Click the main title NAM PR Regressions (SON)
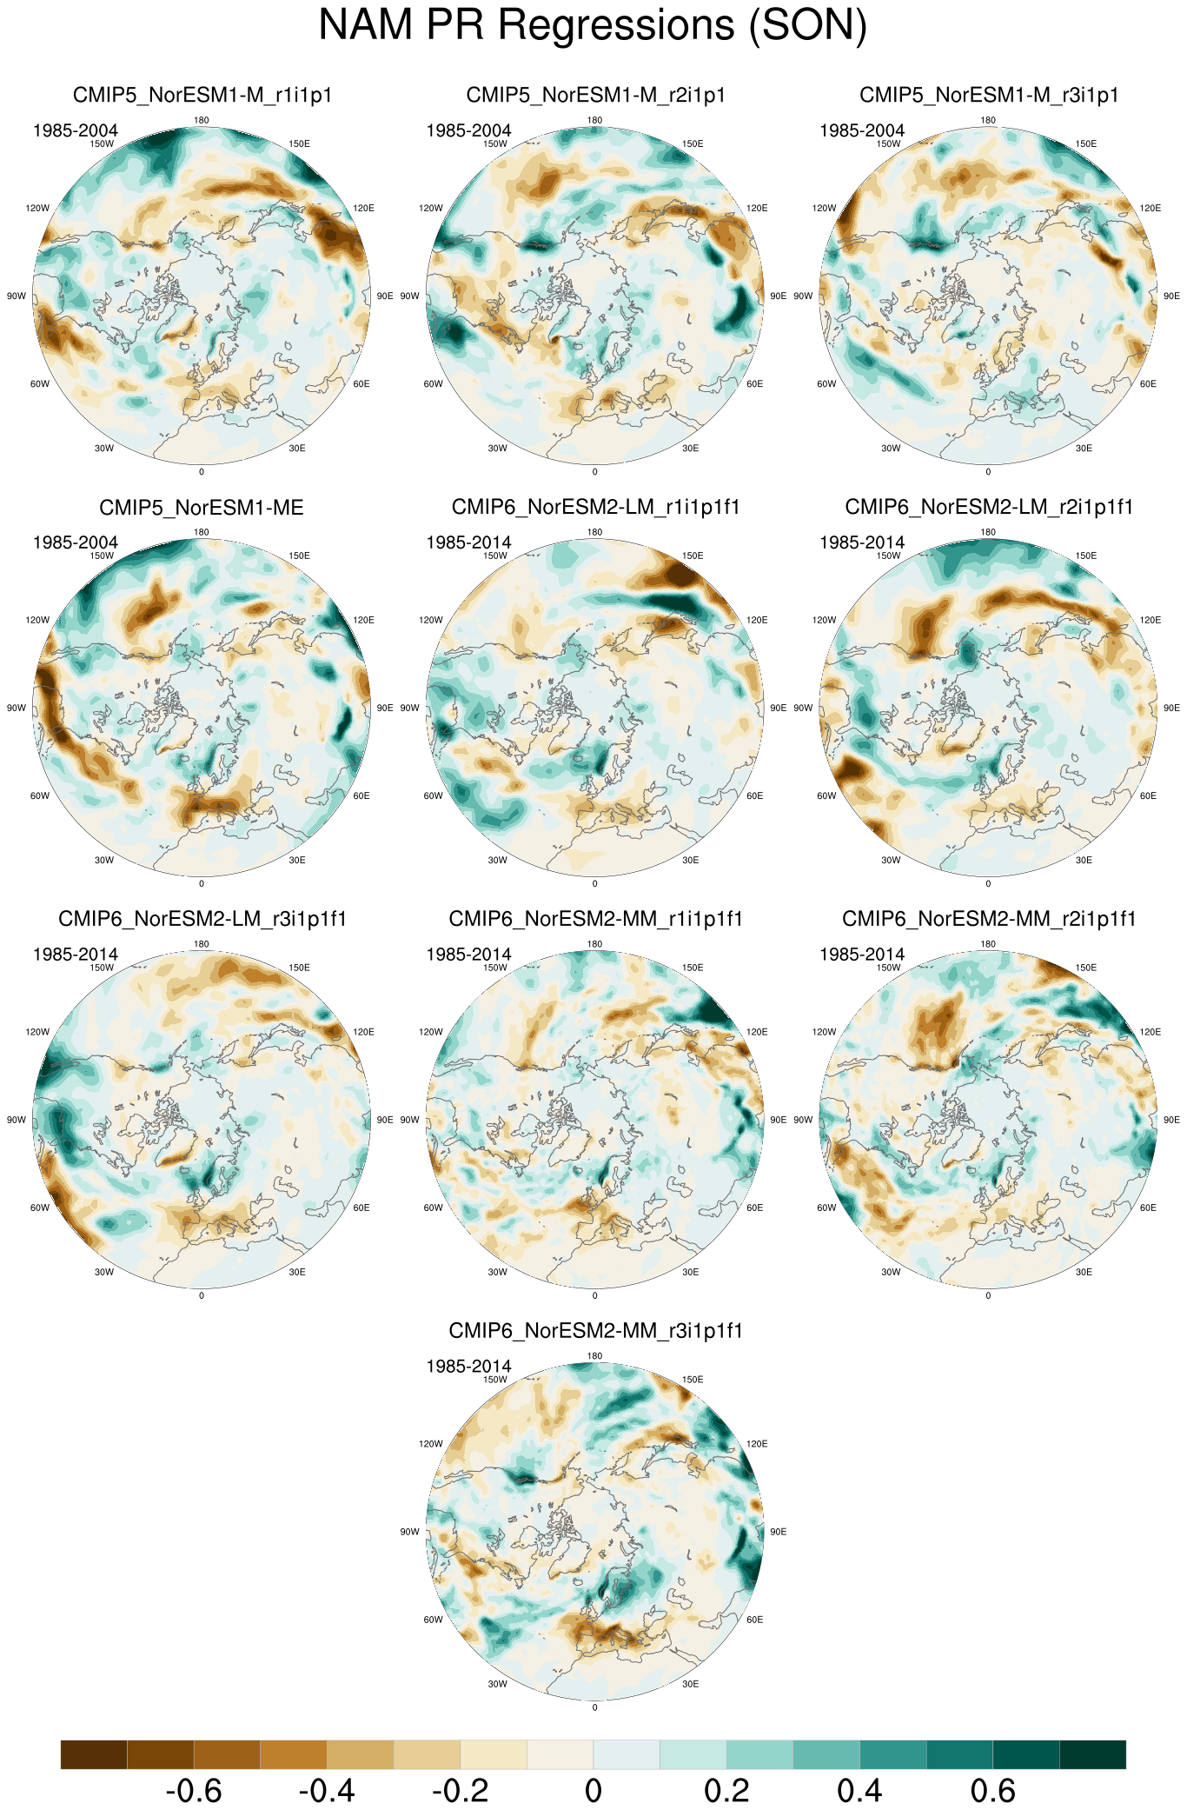593,24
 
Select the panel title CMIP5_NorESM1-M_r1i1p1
202,95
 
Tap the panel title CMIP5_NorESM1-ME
202,507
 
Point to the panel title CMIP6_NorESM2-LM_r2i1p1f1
989,507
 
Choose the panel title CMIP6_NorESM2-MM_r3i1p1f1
595,1331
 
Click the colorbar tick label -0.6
193,1791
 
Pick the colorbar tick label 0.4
859,1791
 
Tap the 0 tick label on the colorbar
593,1791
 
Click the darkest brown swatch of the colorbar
94,1754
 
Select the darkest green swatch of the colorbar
1092,1754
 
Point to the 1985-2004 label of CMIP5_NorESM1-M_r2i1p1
468,130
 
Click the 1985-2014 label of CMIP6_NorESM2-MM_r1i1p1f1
468,955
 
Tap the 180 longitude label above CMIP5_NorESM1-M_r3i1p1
988,120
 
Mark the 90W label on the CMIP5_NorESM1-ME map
17,708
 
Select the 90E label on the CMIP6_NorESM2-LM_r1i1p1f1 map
778,708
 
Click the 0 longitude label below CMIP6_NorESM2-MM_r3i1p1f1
594,1707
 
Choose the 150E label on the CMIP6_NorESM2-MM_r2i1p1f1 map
1085,968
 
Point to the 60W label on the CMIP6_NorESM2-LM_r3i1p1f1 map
40,1208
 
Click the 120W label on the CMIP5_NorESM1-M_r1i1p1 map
37,208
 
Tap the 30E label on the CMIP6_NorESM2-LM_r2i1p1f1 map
1084,860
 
